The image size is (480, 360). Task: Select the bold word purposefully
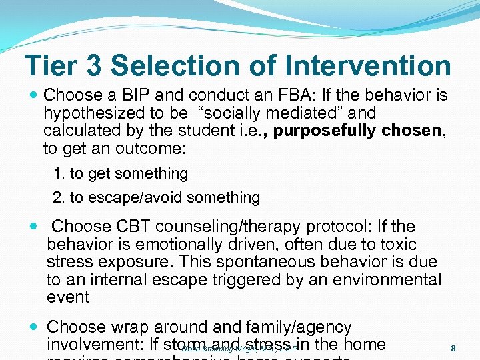325,130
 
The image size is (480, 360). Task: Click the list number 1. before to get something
60,174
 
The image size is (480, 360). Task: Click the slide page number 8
453,349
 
